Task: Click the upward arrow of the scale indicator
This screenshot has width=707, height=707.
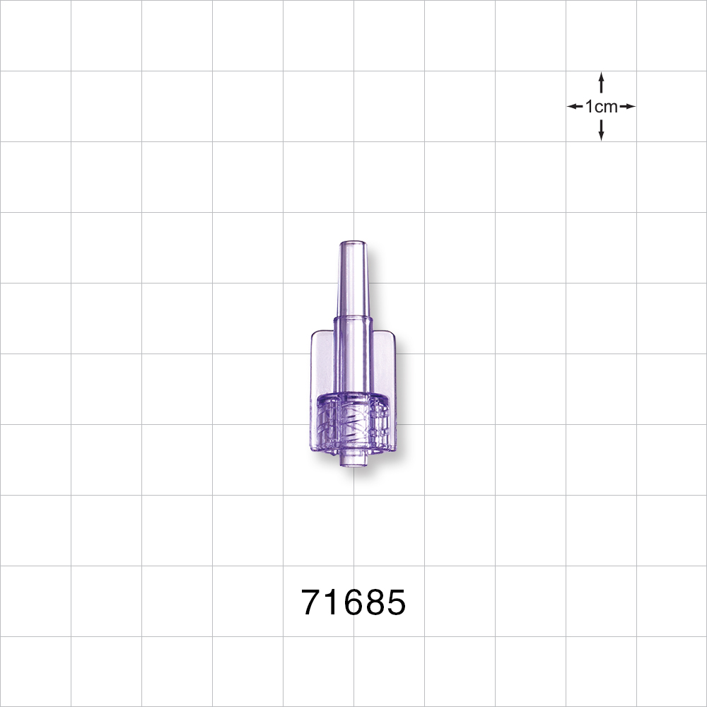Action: tap(601, 82)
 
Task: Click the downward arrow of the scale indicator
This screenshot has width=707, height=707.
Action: tap(601, 130)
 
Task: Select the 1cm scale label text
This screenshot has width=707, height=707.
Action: tap(602, 107)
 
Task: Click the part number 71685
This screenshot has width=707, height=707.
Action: tap(353, 603)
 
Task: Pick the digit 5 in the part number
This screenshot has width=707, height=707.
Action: tap(395, 603)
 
